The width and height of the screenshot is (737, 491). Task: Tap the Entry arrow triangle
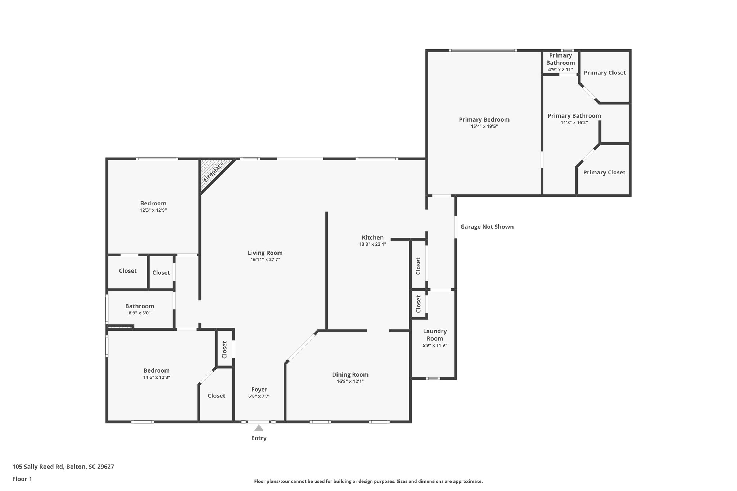pyautogui.click(x=259, y=428)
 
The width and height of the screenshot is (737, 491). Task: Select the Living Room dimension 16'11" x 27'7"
pyautogui.click(x=265, y=260)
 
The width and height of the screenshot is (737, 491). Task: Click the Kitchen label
pyautogui.click(x=372, y=237)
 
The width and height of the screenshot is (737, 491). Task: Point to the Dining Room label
pyautogui.click(x=350, y=374)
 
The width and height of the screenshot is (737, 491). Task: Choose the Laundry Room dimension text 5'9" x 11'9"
pyautogui.click(x=435, y=345)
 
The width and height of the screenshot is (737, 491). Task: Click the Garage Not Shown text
pyautogui.click(x=487, y=227)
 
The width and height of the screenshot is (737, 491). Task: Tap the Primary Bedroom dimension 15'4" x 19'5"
pyautogui.click(x=484, y=126)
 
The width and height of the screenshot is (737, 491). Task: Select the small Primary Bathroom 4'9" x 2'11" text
pyautogui.click(x=560, y=69)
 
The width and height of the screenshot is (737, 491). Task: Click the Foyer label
pyautogui.click(x=259, y=390)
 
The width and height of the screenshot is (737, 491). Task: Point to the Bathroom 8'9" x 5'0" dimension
pyautogui.click(x=140, y=313)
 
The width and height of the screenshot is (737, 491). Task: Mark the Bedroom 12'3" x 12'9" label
pyautogui.click(x=153, y=204)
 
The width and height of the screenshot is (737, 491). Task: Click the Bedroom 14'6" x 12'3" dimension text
pyautogui.click(x=157, y=377)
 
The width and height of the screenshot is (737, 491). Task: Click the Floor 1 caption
pyautogui.click(x=22, y=479)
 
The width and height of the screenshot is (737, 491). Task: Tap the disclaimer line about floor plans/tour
pyautogui.click(x=368, y=481)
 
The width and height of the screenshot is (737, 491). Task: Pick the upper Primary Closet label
pyautogui.click(x=605, y=73)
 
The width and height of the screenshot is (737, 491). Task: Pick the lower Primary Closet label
pyautogui.click(x=604, y=172)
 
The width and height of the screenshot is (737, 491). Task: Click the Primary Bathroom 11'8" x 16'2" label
pyautogui.click(x=574, y=116)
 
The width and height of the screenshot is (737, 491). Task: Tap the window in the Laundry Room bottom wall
pyautogui.click(x=433, y=378)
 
